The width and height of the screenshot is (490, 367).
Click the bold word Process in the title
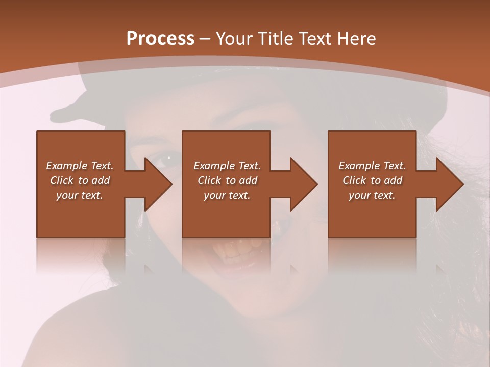(160, 39)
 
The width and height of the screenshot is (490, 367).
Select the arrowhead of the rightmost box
(449, 184)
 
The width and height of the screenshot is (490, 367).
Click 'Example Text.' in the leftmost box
(80, 166)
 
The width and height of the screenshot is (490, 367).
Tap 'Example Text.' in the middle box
(227, 166)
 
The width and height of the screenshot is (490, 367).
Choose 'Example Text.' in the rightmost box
(372, 166)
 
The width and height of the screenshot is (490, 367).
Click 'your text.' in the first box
(80, 195)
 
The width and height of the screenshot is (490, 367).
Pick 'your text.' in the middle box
(227, 195)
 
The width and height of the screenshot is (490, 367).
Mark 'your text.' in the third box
(372, 195)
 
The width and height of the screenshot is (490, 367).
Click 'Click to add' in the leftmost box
(80, 180)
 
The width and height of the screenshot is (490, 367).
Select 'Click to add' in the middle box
(227, 180)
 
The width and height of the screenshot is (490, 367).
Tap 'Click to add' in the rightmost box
(372, 180)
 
